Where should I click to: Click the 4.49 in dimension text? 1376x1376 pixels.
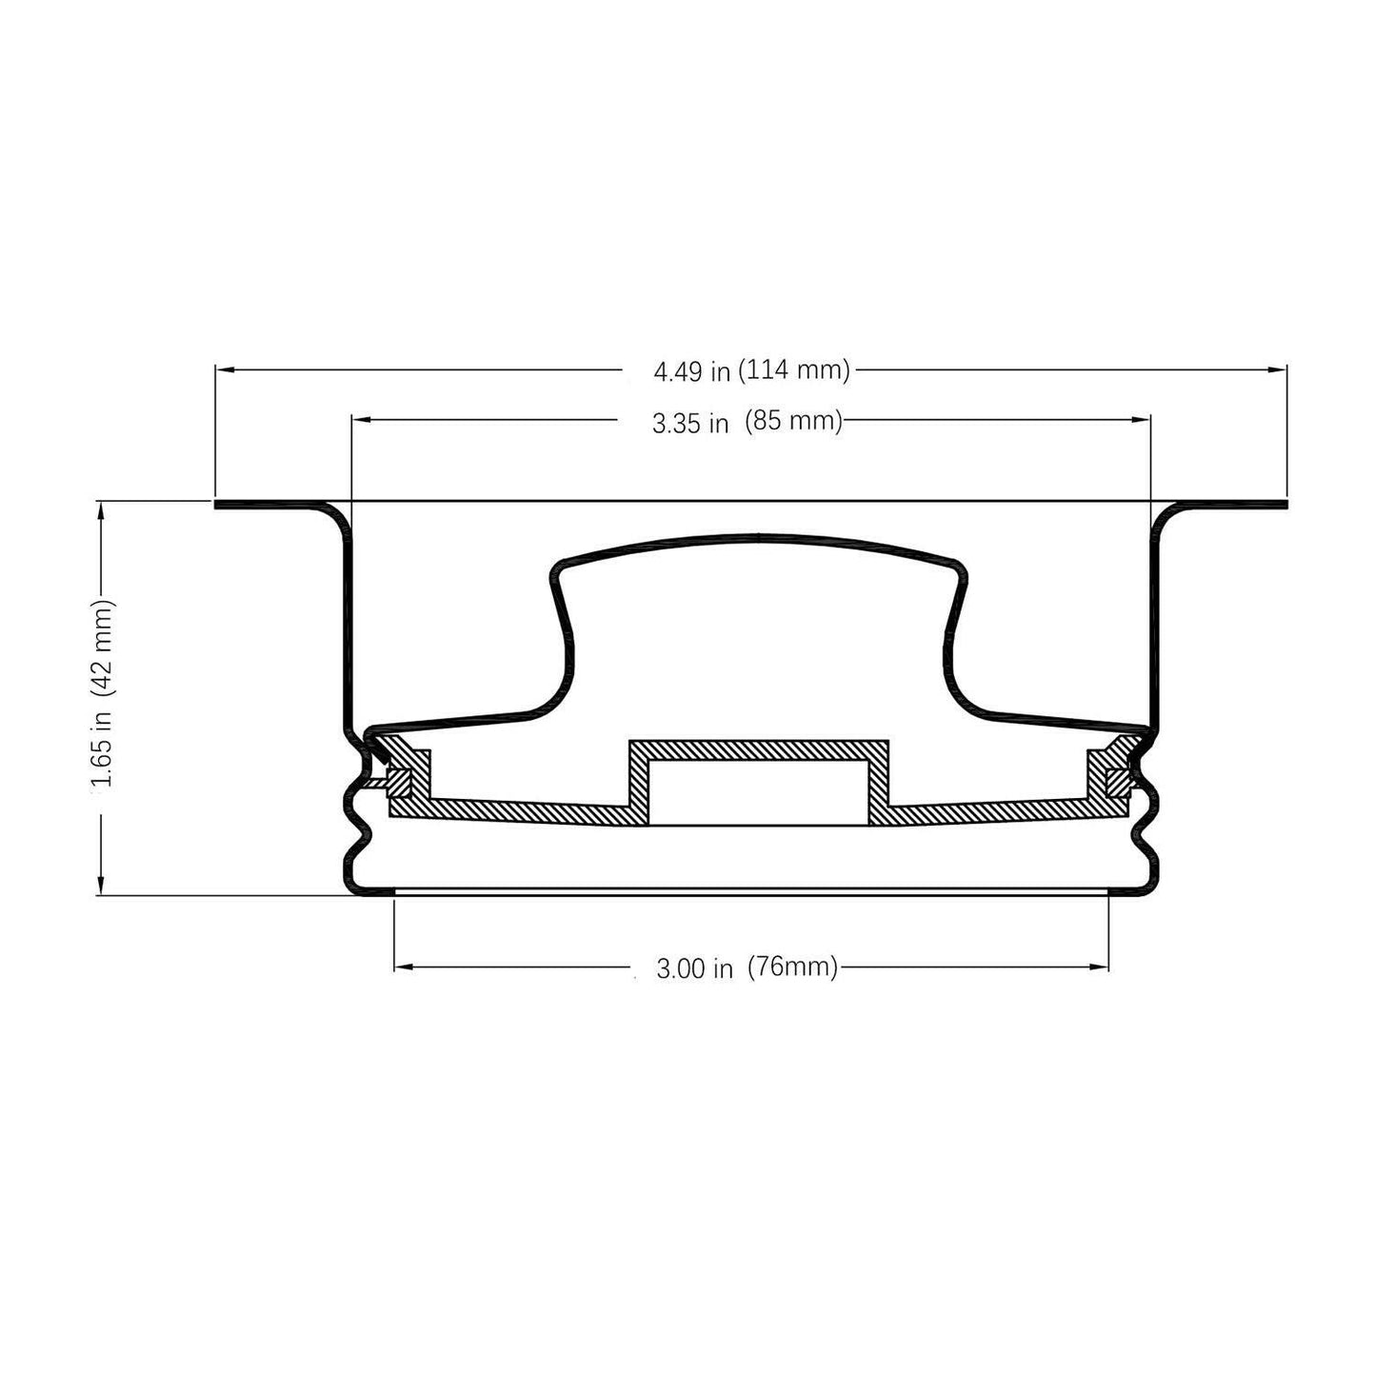(691, 371)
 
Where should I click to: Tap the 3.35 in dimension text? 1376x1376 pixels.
(690, 423)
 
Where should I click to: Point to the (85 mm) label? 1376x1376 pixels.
(794, 421)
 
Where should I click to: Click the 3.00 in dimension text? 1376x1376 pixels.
(694, 969)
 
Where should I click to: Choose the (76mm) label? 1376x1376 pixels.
(792, 967)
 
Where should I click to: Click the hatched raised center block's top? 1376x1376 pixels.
(758, 749)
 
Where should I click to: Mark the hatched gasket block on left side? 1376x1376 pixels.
(399, 781)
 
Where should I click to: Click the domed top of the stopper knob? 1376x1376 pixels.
(758, 539)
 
